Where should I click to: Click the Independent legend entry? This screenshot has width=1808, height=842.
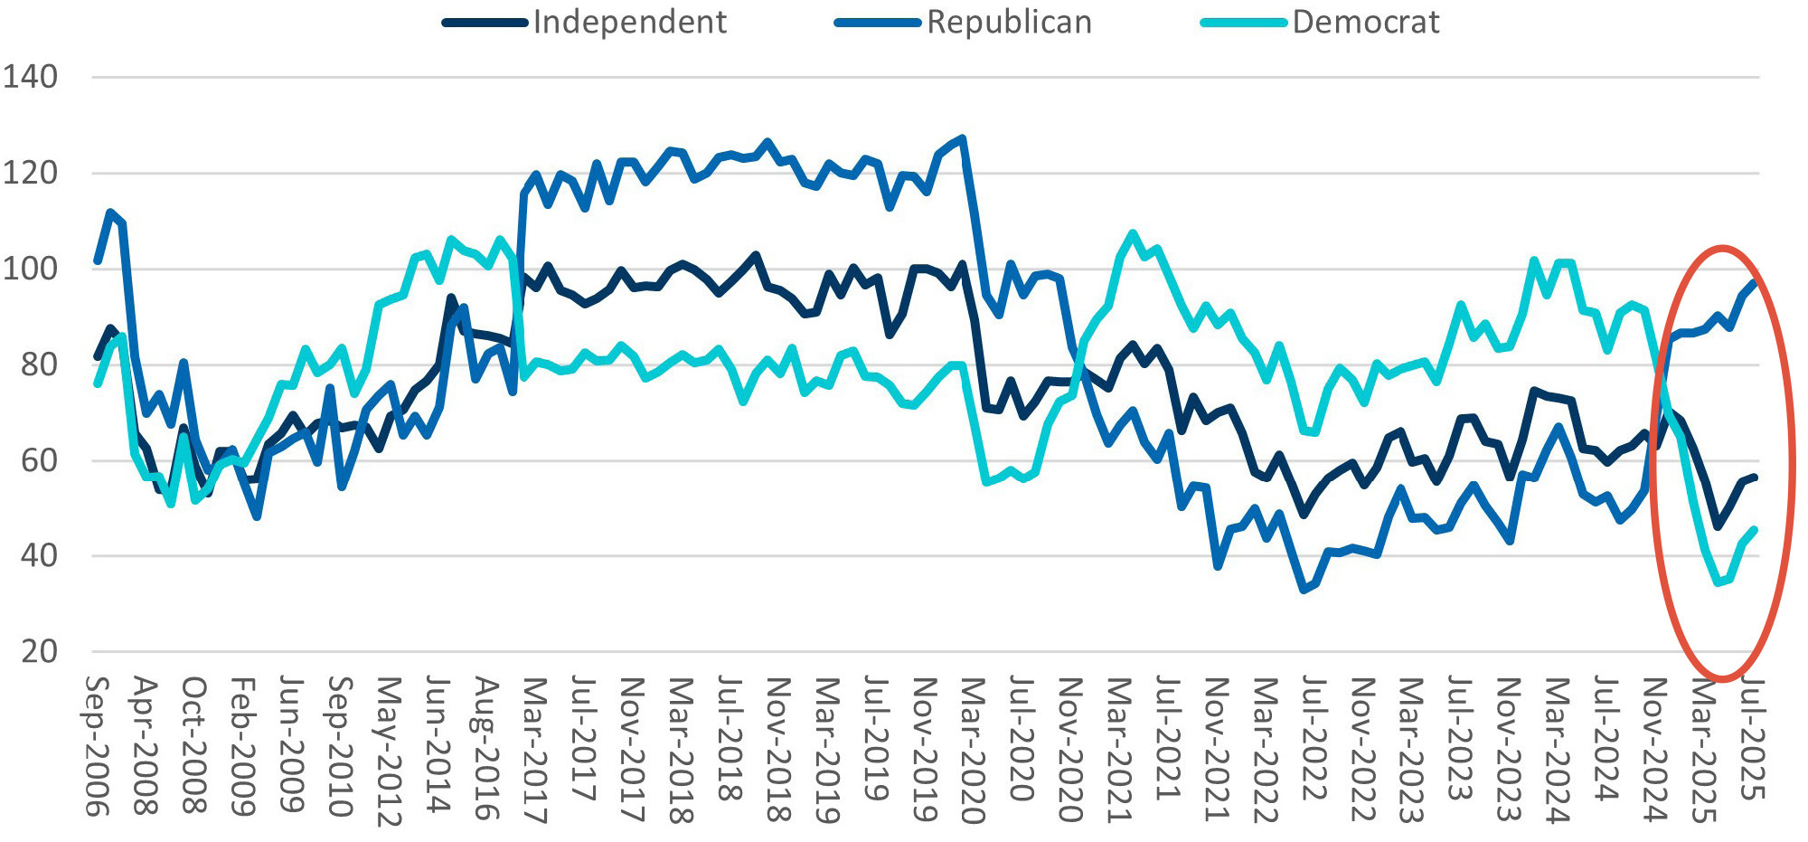coord(629,22)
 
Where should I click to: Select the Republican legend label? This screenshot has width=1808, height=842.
coord(1009,22)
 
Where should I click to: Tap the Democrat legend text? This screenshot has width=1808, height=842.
coord(1365,22)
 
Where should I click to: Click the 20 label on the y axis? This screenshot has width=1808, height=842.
coord(39,651)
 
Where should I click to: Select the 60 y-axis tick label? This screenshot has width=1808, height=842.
coord(39,460)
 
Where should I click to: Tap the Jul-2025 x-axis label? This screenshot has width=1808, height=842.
coord(1753,740)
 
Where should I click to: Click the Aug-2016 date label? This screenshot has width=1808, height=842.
coord(486,749)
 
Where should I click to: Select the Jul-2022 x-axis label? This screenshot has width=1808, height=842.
coord(1314,740)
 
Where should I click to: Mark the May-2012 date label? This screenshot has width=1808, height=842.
coord(389,751)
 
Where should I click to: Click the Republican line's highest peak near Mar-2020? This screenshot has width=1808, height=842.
coord(963,138)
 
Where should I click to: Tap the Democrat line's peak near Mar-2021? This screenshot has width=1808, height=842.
coord(1133,233)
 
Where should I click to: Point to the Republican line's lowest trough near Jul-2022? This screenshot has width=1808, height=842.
coord(1304,590)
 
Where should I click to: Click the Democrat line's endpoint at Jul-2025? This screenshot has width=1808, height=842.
coord(1754,530)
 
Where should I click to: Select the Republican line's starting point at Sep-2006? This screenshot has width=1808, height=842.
coord(97,261)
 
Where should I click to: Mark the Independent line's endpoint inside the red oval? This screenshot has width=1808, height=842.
coord(1754,477)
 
